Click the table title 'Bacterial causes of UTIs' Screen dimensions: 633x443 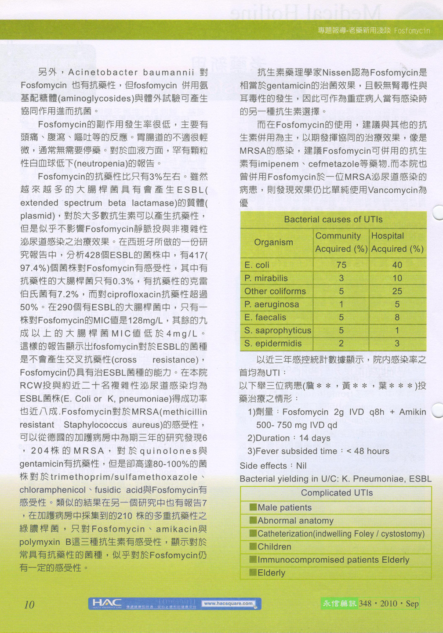click(333, 220)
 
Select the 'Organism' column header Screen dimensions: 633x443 click(273, 242)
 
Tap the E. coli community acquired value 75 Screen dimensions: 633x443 click(341, 265)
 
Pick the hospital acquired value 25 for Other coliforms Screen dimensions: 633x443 click(397, 291)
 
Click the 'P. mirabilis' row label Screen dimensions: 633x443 click(266, 278)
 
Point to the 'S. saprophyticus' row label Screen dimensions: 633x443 click(277, 330)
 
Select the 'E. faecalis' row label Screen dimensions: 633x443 click(265, 317)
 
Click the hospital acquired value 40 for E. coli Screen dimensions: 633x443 click(397, 265)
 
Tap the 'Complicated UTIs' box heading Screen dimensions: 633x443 click(337, 493)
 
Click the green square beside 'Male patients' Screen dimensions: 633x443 click(253, 507)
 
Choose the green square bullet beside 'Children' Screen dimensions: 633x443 click(253, 546)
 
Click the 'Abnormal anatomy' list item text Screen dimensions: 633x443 click(295, 521)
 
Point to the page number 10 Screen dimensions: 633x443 click(29, 605)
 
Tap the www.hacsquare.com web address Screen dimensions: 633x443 click(229, 604)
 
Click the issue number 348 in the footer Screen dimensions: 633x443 click(365, 604)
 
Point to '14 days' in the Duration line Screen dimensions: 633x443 click(315, 438)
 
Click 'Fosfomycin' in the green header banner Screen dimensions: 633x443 click(412, 31)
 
